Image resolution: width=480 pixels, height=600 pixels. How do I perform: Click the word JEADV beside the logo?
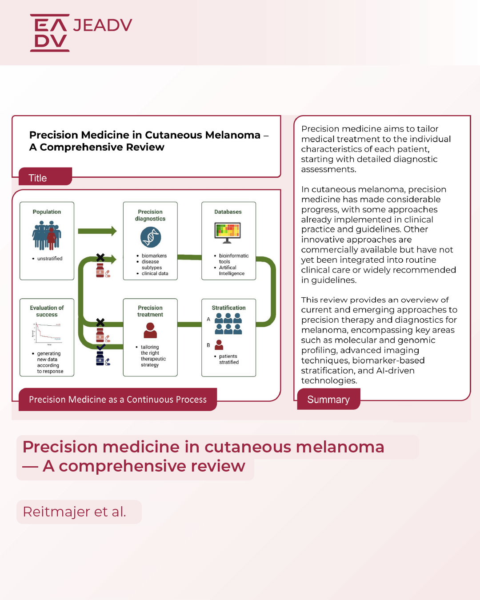(103, 25)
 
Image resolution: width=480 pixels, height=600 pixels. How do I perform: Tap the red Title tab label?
(38, 178)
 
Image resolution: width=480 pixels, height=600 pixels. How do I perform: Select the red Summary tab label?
(328, 400)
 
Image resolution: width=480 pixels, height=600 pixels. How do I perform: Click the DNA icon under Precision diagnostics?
(151, 237)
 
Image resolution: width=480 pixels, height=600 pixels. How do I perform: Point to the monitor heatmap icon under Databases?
(227, 232)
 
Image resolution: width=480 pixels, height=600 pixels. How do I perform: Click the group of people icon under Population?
(47, 236)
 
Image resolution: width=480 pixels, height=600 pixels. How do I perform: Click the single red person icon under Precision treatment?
(150, 330)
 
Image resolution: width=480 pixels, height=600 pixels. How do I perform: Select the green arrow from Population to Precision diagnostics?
(97, 231)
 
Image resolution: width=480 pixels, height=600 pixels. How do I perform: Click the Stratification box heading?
(228, 308)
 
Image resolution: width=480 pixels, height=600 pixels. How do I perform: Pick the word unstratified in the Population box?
(50, 259)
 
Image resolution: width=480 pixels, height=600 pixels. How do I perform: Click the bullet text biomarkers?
(154, 256)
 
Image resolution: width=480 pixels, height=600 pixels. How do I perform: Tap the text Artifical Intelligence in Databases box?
(231, 271)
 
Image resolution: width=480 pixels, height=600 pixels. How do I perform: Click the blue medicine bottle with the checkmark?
(100, 358)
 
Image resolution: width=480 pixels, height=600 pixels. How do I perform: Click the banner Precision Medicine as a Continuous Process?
(118, 400)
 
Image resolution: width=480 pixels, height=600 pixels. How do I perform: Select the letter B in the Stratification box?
(208, 345)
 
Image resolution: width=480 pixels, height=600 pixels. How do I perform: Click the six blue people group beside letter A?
(228, 323)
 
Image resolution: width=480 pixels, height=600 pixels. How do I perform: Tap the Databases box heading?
(228, 212)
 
